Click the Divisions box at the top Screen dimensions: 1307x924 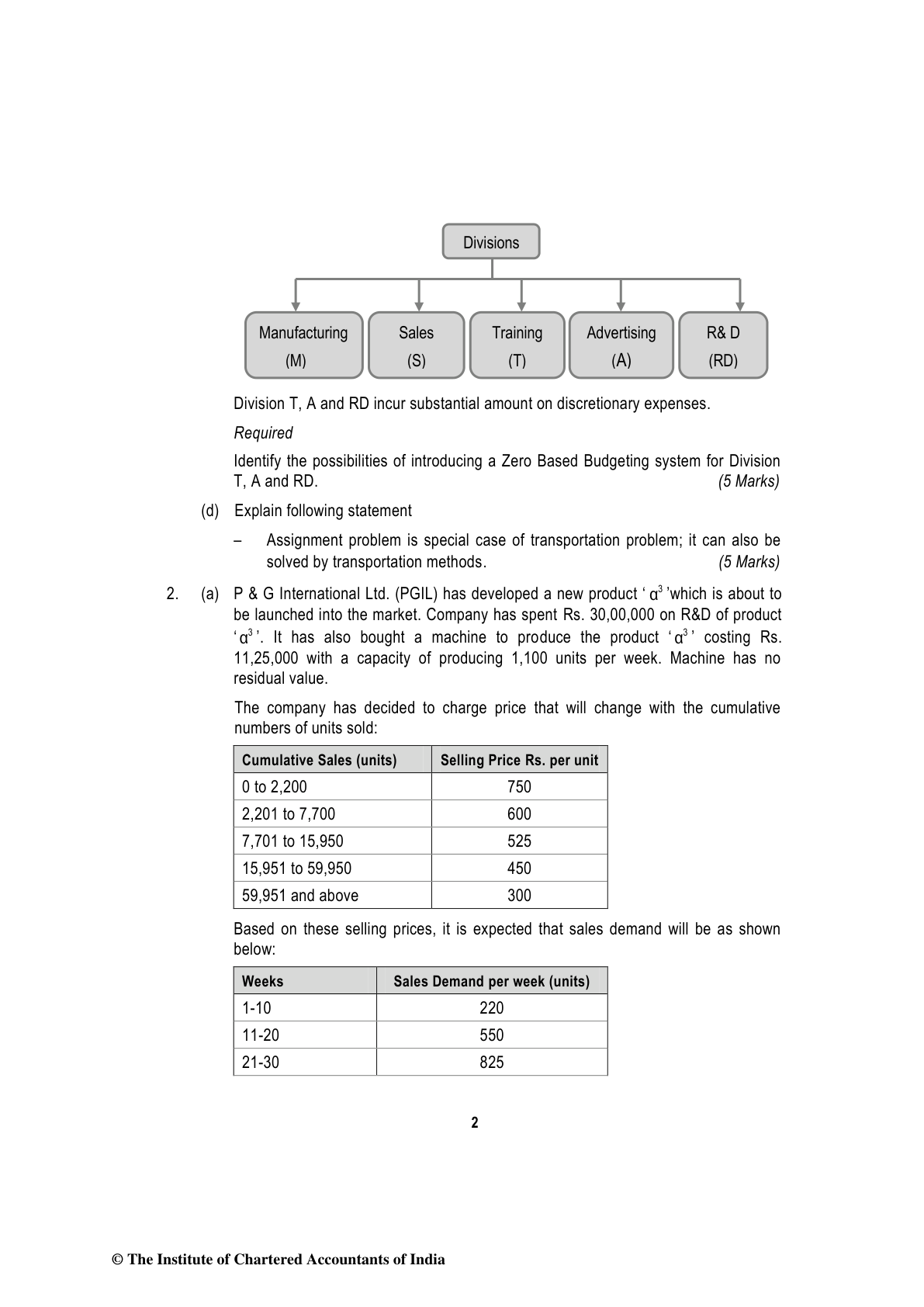(x=490, y=241)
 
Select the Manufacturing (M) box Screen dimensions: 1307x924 (x=303, y=345)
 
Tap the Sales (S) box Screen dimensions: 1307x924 (x=416, y=345)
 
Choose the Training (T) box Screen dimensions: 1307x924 (x=517, y=345)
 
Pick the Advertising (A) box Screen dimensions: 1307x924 (x=621, y=345)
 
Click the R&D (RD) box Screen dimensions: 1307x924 (x=722, y=345)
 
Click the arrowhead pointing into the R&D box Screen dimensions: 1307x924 (x=740, y=307)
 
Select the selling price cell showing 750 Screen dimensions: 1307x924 (x=519, y=787)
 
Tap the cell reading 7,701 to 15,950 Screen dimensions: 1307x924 (x=292, y=841)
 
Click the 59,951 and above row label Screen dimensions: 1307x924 (x=300, y=896)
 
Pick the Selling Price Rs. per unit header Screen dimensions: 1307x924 (x=519, y=760)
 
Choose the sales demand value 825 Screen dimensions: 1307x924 (x=491, y=1063)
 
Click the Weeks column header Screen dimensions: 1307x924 (x=263, y=981)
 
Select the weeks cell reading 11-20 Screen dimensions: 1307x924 (x=261, y=1035)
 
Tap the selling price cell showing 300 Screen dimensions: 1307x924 (x=519, y=896)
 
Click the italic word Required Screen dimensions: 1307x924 (x=263, y=433)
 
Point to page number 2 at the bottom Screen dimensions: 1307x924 (x=475, y=1122)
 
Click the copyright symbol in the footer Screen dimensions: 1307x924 (x=118, y=1260)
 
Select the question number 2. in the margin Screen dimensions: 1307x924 (x=172, y=595)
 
